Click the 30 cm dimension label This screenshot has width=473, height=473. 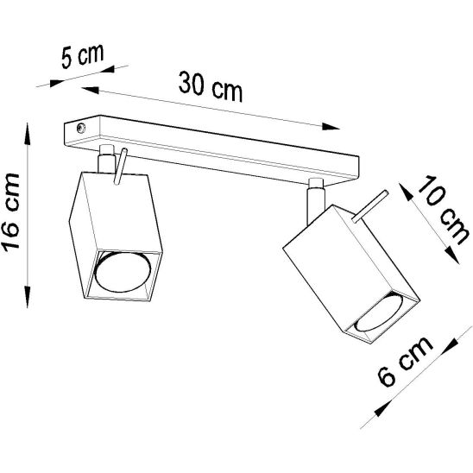click(x=210, y=84)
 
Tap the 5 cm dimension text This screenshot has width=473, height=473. click(x=80, y=58)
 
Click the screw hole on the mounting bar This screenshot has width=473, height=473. click(x=79, y=129)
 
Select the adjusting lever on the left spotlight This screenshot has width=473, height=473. click(x=121, y=166)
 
